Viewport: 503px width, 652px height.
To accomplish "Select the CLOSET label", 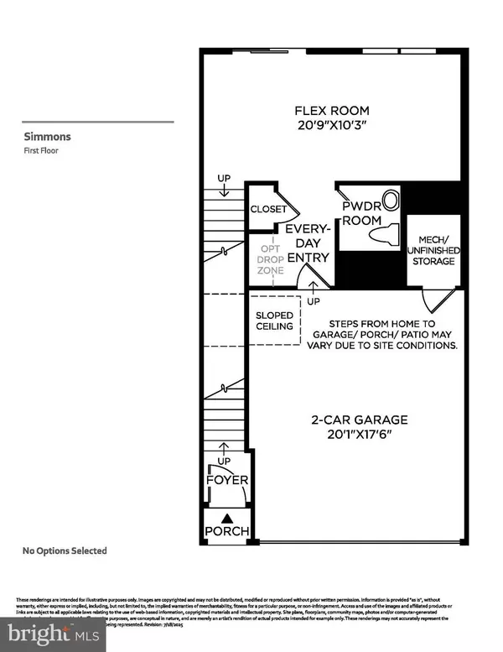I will coord(268,210).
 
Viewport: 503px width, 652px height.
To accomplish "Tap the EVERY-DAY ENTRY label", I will coord(306,243).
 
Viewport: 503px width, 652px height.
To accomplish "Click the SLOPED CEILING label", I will coord(275,321).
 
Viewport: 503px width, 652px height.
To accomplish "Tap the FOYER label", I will coord(227,480).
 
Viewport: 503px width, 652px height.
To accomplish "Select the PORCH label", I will coord(227,531).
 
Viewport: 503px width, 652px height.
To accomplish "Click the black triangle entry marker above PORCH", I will coord(227,517).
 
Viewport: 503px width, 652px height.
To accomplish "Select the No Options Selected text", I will coord(65,550).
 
